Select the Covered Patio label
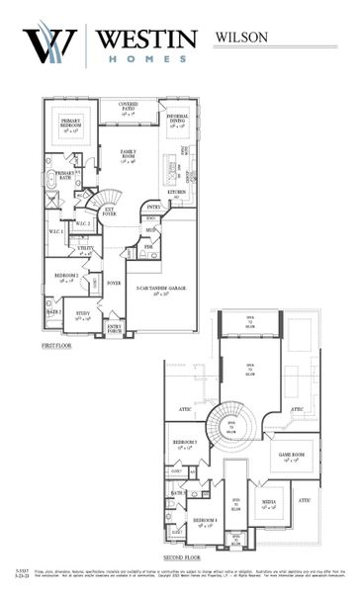point(129,108)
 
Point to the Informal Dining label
point(178,122)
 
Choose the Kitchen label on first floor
point(175,190)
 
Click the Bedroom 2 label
point(66,276)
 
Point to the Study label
point(82,315)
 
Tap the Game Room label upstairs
point(289,457)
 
